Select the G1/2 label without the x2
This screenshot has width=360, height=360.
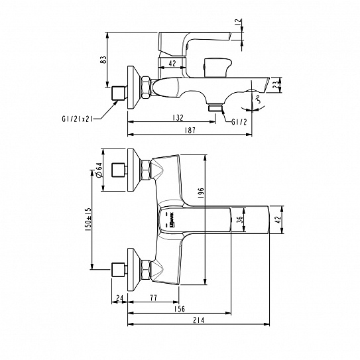click(241, 121)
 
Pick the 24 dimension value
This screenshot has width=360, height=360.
click(119, 298)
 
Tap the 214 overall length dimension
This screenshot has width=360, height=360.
click(200, 322)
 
